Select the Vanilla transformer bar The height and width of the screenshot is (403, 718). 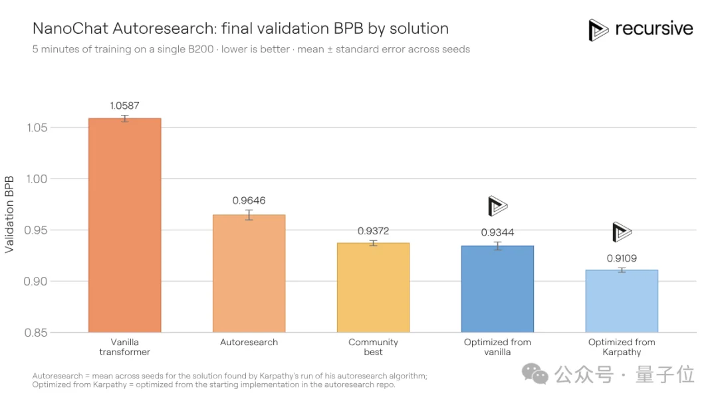pyautogui.click(x=124, y=225)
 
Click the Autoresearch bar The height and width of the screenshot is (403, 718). pyautogui.click(x=249, y=274)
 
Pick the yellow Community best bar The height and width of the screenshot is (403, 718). pyautogui.click(x=373, y=287)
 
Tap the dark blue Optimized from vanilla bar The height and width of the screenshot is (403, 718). pyautogui.click(x=497, y=289)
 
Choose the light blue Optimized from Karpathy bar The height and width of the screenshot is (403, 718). pyautogui.click(x=622, y=301)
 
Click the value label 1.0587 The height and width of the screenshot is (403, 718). pyautogui.click(x=124, y=106)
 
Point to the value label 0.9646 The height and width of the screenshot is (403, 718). pyautogui.click(x=249, y=201)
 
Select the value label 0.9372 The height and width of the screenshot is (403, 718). pyautogui.click(x=373, y=231)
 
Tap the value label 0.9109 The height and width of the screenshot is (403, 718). pyautogui.click(x=622, y=258)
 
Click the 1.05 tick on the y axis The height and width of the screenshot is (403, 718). pyautogui.click(x=37, y=127)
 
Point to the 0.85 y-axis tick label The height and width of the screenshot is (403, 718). pyautogui.click(x=36, y=333)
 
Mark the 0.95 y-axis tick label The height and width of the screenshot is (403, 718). pyautogui.click(x=36, y=230)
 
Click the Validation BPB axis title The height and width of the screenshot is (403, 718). pyautogui.click(x=9, y=214)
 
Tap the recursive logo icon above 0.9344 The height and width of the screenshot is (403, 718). pyautogui.click(x=497, y=206)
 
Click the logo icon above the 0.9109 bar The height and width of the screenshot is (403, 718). pyautogui.click(x=622, y=232)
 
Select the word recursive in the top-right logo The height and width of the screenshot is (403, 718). pyautogui.click(x=654, y=29)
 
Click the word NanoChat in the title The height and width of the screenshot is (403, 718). pyautogui.click(x=70, y=29)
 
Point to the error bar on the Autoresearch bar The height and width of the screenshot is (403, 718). pyautogui.click(x=249, y=215)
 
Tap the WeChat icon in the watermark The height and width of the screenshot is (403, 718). pyautogui.click(x=535, y=374)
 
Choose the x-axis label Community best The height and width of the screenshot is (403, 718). pyautogui.click(x=373, y=347)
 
